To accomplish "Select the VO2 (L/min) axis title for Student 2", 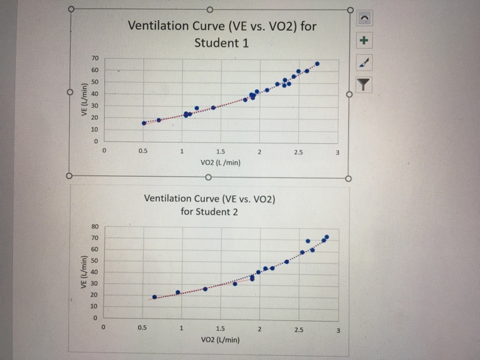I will click(x=220, y=339).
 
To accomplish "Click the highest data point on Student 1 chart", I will click(x=317, y=64).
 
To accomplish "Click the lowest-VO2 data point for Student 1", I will click(x=143, y=123).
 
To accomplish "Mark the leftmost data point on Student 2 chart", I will click(x=154, y=297).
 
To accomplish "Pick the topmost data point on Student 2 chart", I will click(x=326, y=237).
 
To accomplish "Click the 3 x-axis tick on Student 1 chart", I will click(x=337, y=152).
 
